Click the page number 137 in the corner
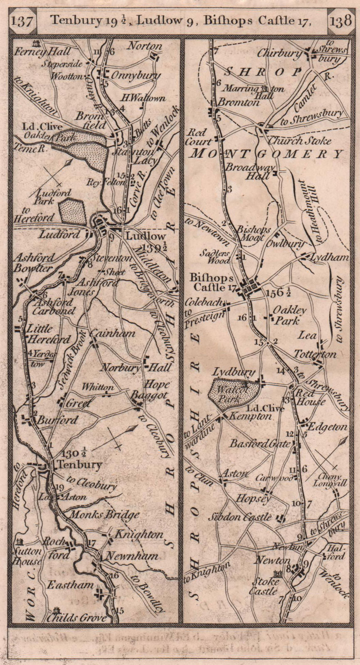pos(22,20)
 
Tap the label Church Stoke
pos(299,140)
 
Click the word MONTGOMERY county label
pos(266,154)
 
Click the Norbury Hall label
pos(143,367)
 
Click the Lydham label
pos(328,258)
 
